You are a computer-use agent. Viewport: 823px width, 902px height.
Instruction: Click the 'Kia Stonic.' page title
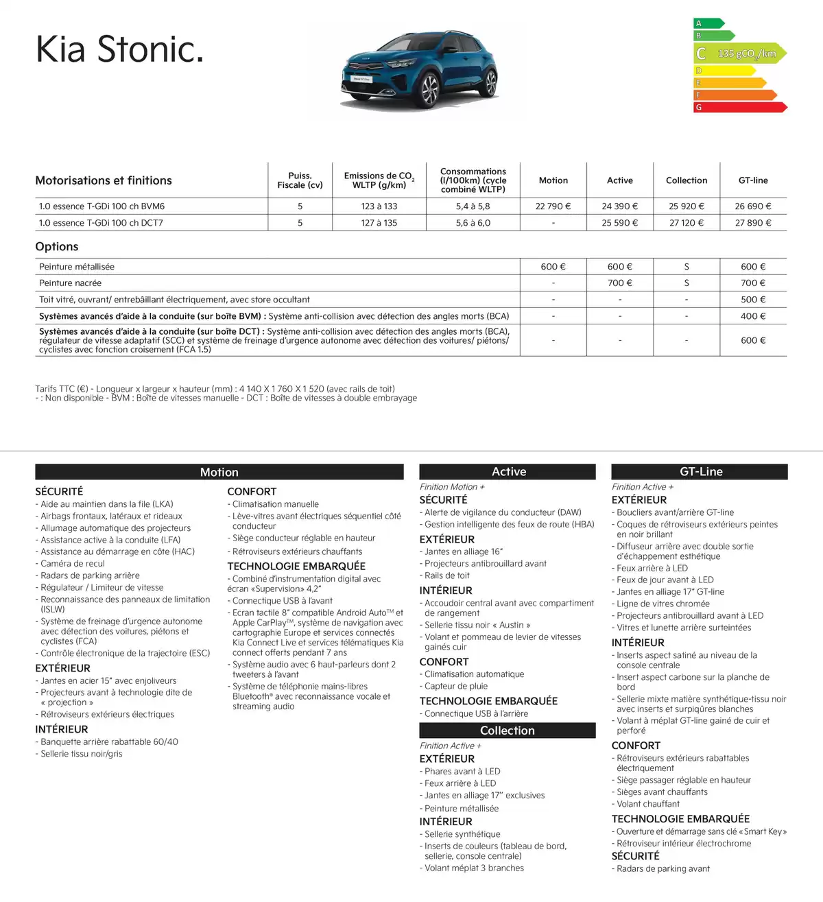click(x=120, y=49)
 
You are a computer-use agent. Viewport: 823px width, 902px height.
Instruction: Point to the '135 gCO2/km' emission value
click(x=747, y=54)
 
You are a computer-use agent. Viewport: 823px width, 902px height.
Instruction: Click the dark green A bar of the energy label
click(x=708, y=23)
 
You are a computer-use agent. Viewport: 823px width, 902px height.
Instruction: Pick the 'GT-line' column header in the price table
click(x=753, y=180)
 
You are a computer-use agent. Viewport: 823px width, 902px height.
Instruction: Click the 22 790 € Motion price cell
click(x=553, y=206)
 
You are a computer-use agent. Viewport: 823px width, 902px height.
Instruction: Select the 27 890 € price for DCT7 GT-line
click(x=753, y=223)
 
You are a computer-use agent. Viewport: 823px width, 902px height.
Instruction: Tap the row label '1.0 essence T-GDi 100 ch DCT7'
click(x=101, y=223)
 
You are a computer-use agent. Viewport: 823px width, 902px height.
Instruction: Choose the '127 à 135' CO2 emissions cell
click(x=379, y=223)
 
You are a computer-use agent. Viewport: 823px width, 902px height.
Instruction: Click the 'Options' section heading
click(x=57, y=247)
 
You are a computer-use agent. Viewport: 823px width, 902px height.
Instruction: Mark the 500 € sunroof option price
click(x=753, y=300)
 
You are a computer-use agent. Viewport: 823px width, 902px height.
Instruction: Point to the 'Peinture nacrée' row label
click(x=70, y=283)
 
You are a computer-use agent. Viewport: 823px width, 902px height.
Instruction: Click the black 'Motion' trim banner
click(x=219, y=472)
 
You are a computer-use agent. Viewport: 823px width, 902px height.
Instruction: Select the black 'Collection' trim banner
click(x=507, y=731)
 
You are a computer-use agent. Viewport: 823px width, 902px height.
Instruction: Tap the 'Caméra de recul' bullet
click(x=73, y=564)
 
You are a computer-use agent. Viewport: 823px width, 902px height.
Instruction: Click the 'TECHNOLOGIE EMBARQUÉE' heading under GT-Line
click(x=680, y=819)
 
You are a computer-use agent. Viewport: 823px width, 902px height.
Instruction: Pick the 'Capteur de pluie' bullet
click(x=456, y=686)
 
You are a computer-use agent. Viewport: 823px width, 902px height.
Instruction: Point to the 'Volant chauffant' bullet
click(x=648, y=804)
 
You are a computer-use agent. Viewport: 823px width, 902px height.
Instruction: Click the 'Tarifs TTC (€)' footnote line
click(x=215, y=389)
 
